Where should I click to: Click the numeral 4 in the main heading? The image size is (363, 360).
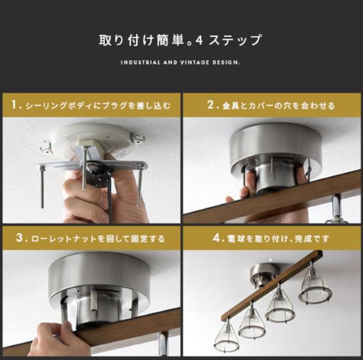coord(199,40)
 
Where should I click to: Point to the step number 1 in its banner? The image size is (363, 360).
coord(15,105)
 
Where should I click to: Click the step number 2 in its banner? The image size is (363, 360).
coord(210,104)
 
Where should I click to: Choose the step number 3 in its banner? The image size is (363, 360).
coord(20,237)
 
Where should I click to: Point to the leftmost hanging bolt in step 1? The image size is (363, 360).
coord(42,188)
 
